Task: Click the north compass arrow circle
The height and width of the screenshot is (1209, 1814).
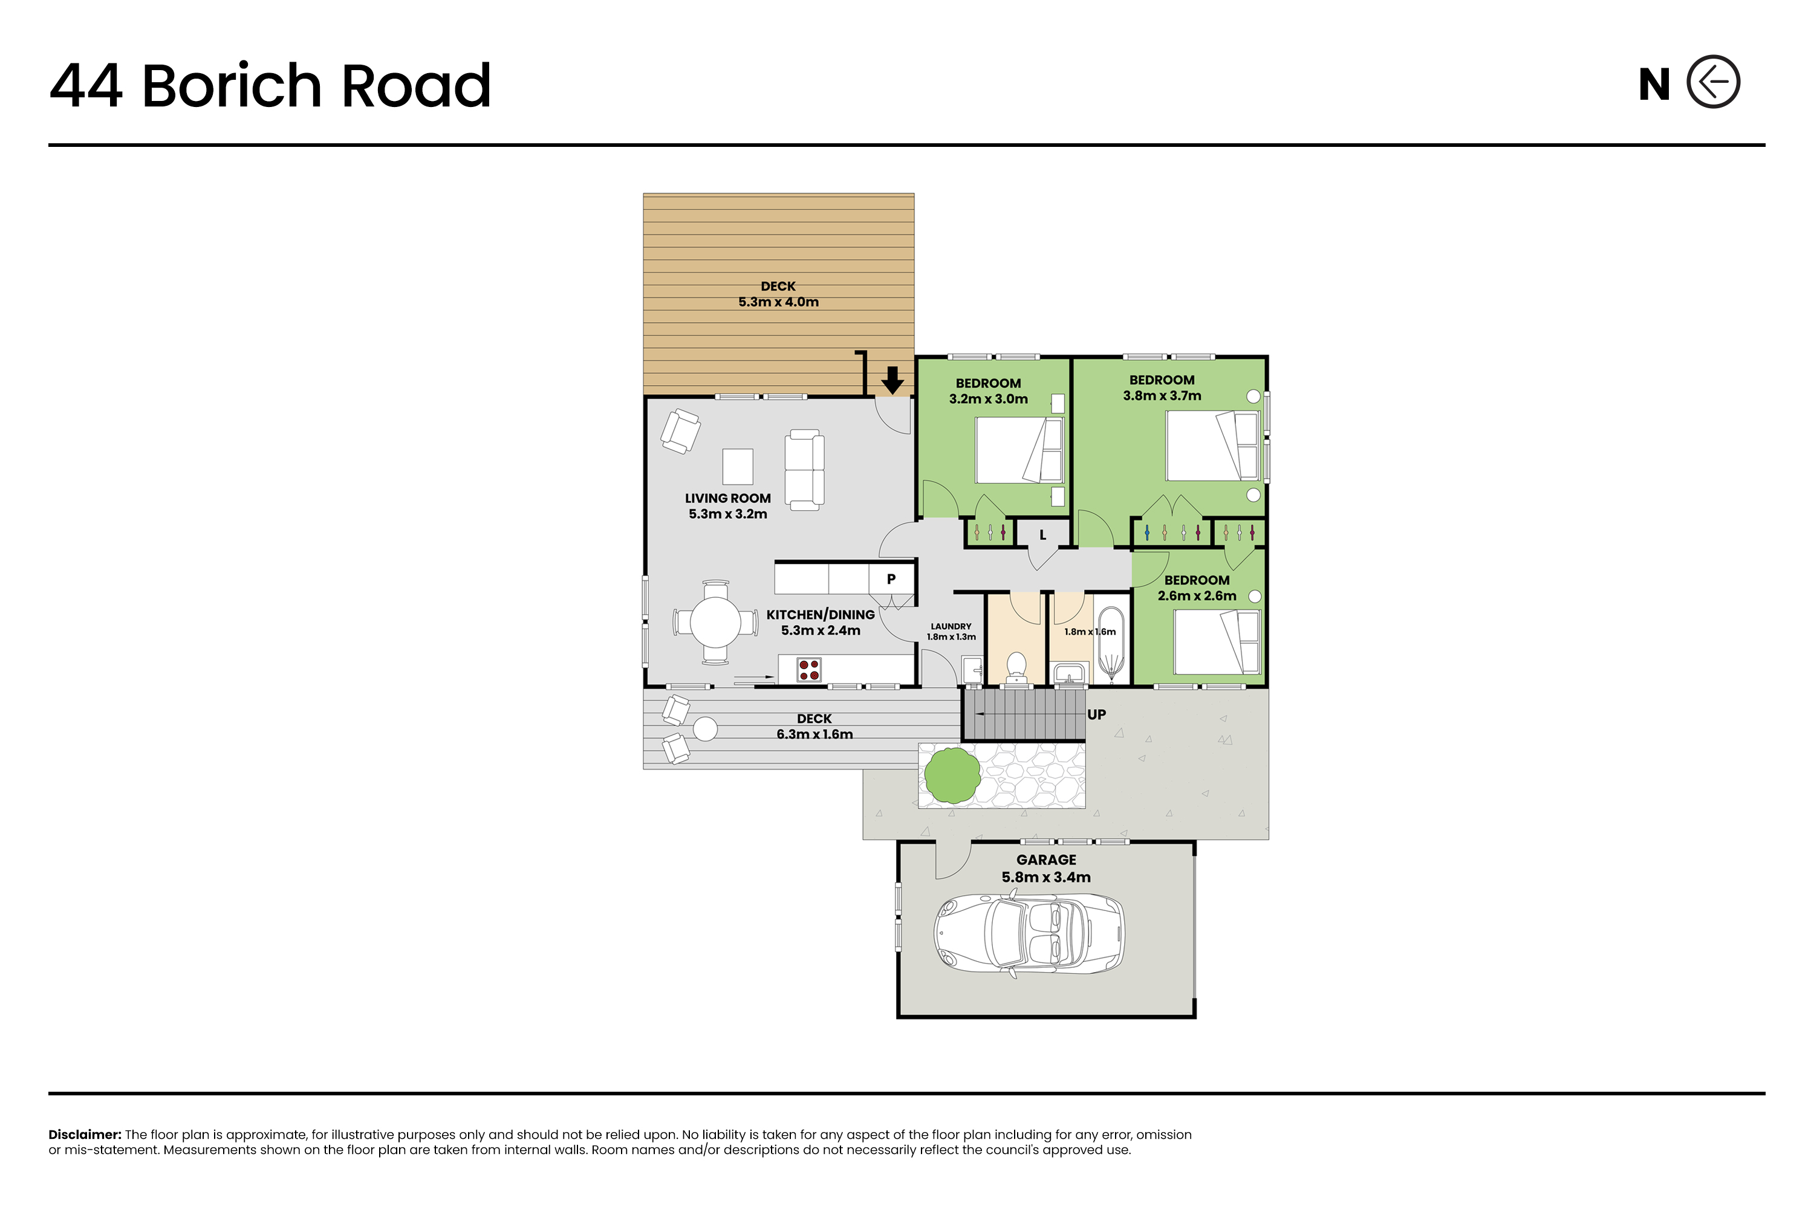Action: click(1713, 82)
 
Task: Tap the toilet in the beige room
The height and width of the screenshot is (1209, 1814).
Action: click(1016, 668)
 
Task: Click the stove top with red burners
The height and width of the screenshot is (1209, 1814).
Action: click(809, 669)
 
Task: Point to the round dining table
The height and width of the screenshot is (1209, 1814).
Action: click(716, 622)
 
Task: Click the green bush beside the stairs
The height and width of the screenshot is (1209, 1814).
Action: click(952, 775)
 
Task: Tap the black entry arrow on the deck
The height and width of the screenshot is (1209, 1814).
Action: click(892, 380)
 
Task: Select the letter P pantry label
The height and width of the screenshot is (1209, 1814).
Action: click(891, 579)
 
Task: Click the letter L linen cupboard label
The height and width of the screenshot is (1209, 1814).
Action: click(1042, 535)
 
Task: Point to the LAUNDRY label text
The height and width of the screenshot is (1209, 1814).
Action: click(951, 627)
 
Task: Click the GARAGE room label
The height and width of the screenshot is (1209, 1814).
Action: click(1046, 860)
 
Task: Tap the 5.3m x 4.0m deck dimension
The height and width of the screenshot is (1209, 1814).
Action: click(778, 302)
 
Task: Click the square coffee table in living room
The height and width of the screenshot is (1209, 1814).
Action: click(737, 467)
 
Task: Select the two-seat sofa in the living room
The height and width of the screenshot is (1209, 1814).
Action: click(804, 470)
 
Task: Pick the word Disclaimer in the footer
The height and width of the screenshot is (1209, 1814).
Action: click(85, 1134)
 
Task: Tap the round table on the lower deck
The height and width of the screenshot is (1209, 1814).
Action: click(705, 728)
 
